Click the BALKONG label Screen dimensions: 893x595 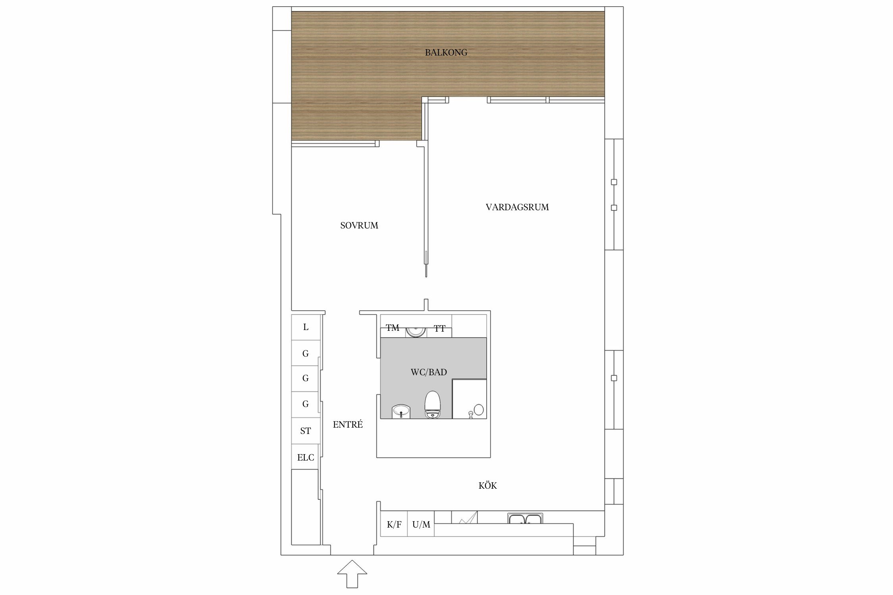pyautogui.click(x=446, y=52)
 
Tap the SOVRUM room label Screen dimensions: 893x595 pyautogui.click(x=359, y=226)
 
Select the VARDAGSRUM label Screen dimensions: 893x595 pyautogui.click(x=517, y=207)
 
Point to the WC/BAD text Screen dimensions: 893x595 pyautogui.click(x=429, y=372)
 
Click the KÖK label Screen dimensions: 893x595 pyautogui.click(x=488, y=486)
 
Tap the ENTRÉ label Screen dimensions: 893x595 pyautogui.click(x=348, y=424)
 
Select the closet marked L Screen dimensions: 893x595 pyautogui.click(x=306, y=327)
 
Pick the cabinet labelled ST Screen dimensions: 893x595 pyautogui.click(x=306, y=431)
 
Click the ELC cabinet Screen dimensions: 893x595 pyautogui.click(x=306, y=457)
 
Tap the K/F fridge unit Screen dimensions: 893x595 pyautogui.click(x=394, y=524)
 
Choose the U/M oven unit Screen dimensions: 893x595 pyautogui.click(x=421, y=524)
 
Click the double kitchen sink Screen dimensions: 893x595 pyautogui.click(x=525, y=519)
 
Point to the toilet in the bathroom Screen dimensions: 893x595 pyautogui.click(x=433, y=404)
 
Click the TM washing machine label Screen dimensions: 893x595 pyautogui.click(x=393, y=328)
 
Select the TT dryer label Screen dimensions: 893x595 pyautogui.click(x=439, y=329)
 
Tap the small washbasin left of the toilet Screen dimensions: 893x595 pyautogui.click(x=401, y=411)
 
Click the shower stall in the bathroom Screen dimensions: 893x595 pyautogui.click(x=470, y=399)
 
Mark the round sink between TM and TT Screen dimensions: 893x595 pyautogui.click(x=416, y=331)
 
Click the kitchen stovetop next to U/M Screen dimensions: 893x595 pyautogui.click(x=464, y=517)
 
